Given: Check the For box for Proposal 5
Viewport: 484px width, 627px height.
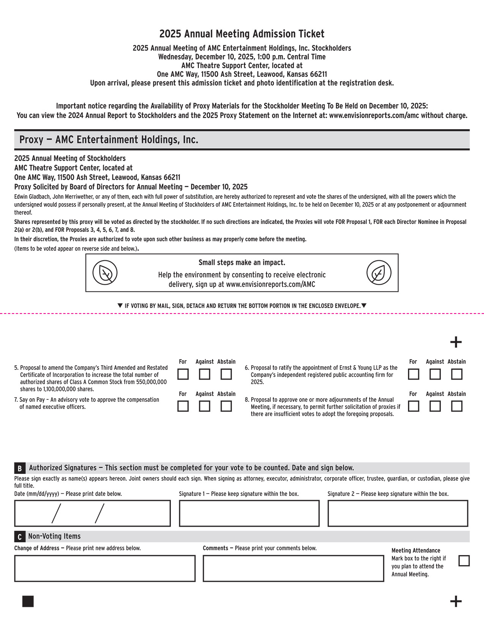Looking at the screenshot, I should coord(183,374).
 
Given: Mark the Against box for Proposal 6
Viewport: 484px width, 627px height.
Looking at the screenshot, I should coord(435,374).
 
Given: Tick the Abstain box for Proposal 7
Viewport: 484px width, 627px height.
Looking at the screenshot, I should coord(226,406).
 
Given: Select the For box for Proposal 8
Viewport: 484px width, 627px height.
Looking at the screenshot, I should coord(413,406).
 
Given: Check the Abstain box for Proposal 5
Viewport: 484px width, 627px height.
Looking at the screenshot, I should coord(226,374).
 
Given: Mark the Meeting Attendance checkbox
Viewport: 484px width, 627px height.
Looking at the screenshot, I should coord(464,561).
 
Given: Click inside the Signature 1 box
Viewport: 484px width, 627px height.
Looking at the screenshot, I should coord(249,513).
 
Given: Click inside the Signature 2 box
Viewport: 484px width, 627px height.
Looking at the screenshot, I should coord(397,513).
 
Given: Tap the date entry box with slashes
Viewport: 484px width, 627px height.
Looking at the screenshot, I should coord(92,513).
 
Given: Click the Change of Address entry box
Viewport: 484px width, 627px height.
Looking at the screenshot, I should coord(105,568).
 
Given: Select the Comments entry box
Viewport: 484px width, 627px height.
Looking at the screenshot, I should coord(293,568).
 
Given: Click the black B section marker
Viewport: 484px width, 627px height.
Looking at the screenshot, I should coord(19,468).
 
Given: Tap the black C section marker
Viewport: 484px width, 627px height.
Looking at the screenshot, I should coord(19,537).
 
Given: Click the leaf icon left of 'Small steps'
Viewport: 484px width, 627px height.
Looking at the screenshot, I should coord(105,273).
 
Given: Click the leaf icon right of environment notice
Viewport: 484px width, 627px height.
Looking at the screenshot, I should coord(378,273).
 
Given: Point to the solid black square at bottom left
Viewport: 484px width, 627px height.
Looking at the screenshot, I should coord(28,602).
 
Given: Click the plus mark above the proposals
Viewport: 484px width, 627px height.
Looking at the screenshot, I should coord(456,342).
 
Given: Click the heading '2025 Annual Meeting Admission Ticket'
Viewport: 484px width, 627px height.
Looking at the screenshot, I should coord(242,34).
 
